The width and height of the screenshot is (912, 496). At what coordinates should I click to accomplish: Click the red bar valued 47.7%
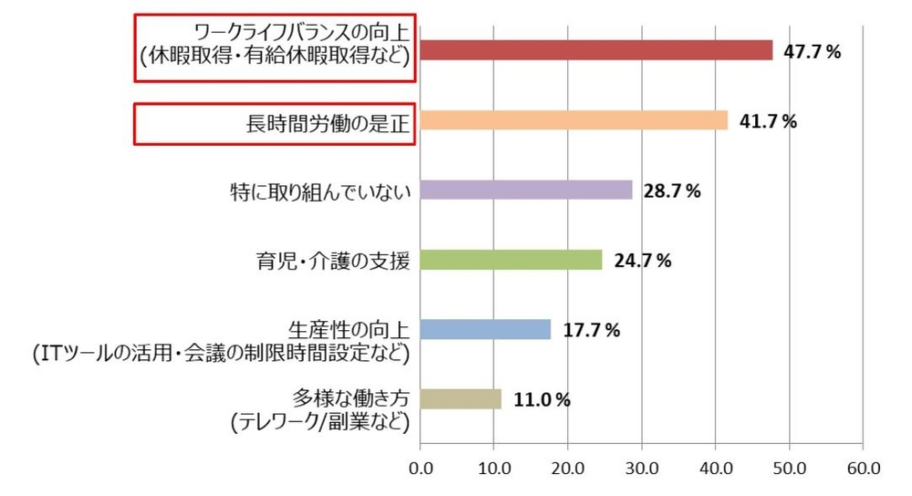point(596,50)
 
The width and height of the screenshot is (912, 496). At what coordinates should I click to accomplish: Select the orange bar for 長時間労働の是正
point(574,120)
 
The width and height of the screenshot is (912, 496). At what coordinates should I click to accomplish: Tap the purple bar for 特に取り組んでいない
point(526,190)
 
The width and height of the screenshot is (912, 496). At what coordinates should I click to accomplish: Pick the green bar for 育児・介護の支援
point(511,260)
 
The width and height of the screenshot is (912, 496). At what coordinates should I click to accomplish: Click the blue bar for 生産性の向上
point(485,329)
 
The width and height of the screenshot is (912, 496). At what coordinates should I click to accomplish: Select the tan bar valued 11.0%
point(461,398)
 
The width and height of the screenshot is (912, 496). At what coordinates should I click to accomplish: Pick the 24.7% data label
point(642,261)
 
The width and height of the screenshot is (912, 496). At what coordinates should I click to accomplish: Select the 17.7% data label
point(591,331)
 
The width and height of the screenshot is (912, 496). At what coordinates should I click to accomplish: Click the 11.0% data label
point(542,399)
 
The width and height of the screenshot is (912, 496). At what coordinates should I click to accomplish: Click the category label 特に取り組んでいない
point(321,191)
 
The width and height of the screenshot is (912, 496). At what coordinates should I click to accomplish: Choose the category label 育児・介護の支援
point(332,261)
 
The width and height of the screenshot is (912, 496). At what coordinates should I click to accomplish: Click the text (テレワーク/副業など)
point(318,421)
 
